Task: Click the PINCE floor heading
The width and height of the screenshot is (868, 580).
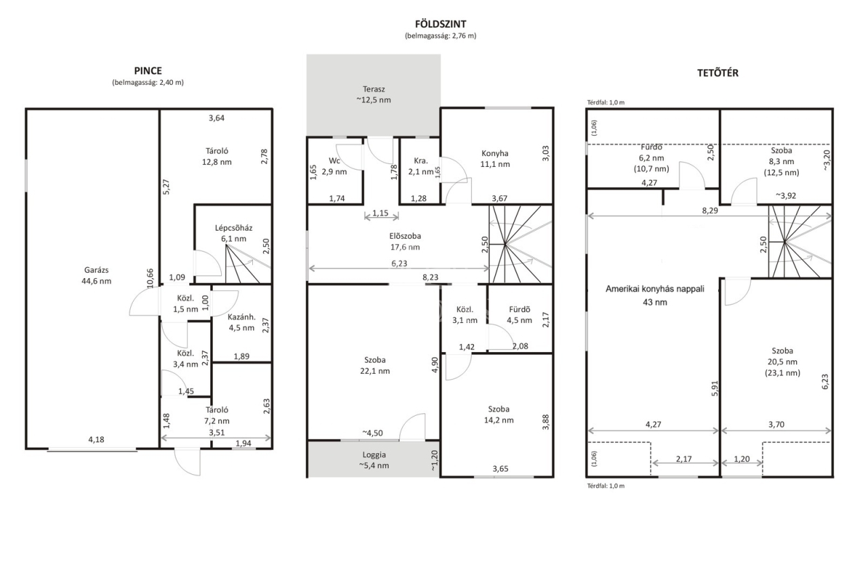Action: pyautogui.click(x=148, y=71)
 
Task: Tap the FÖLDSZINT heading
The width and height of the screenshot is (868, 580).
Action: pyautogui.click(x=441, y=24)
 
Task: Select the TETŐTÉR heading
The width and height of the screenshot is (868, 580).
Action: pyautogui.click(x=717, y=73)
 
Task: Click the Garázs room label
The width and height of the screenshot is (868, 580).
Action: pyautogui.click(x=96, y=270)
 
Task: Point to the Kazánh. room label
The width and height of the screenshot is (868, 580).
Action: pyautogui.click(x=242, y=317)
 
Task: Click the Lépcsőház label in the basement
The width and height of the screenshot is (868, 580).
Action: pyautogui.click(x=234, y=228)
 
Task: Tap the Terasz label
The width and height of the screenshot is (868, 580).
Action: pyautogui.click(x=374, y=89)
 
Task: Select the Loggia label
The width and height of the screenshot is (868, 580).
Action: pyautogui.click(x=374, y=455)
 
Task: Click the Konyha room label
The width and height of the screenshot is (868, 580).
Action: pyautogui.click(x=495, y=153)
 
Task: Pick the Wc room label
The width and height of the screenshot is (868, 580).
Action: pyautogui.click(x=334, y=161)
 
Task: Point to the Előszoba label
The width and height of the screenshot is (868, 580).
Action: pyautogui.click(x=405, y=236)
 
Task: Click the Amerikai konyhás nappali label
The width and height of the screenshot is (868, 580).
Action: pyautogui.click(x=655, y=289)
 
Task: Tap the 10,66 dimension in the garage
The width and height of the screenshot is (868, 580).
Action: pyautogui.click(x=151, y=278)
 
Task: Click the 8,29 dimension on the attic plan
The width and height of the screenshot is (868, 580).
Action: pyautogui.click(x=710, y=210)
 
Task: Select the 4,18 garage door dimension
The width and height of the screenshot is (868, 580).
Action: pyautogui.click(x=96, y=440)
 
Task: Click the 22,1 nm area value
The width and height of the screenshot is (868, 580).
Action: pyautogui.click(x=375, y=371)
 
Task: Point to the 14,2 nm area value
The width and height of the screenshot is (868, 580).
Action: pyautogui.click(x=498, y=420)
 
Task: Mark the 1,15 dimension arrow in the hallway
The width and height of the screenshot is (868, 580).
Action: pyautogui.click(x=381, y=216)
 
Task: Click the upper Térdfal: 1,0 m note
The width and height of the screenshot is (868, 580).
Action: pyautogui.click(x=606, y=102)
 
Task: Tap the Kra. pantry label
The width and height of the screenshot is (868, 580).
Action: pyautogui.click(x=421, y=161)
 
